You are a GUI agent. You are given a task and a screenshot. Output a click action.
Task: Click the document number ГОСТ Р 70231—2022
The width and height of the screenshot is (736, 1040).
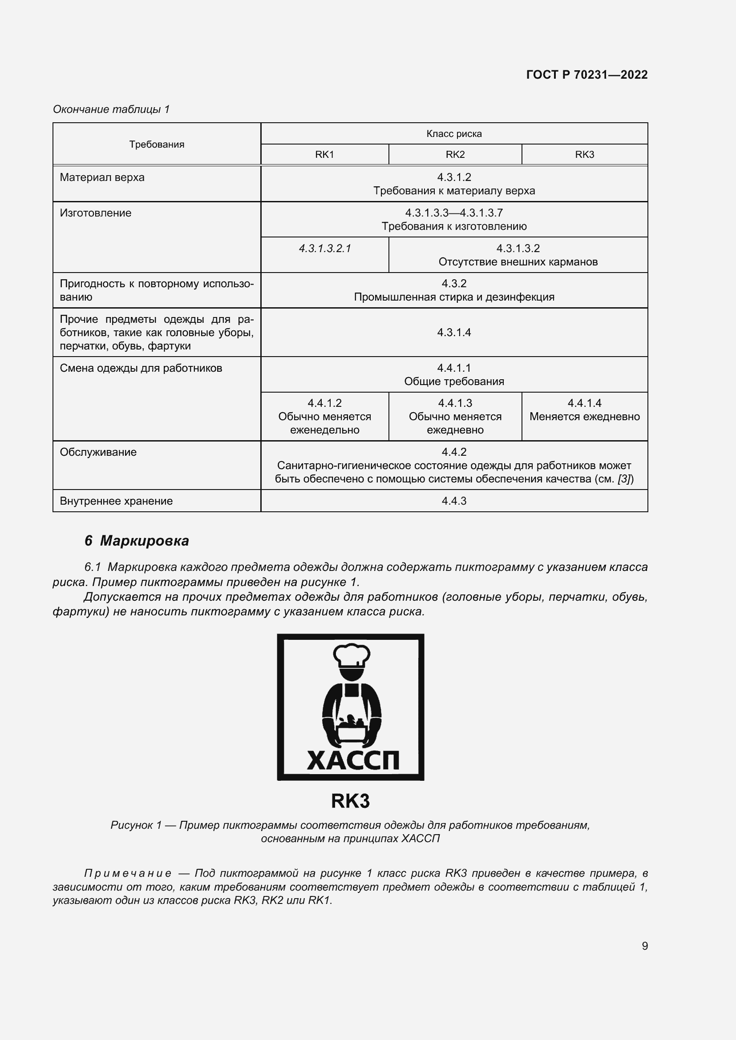pos(586,75)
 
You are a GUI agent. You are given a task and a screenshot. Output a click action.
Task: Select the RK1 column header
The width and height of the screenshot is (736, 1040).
pos(324,154)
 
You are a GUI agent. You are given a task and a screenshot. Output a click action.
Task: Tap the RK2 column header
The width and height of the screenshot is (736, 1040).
pos(455,154)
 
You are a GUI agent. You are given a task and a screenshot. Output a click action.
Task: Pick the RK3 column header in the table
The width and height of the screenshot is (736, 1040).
pos(584,154)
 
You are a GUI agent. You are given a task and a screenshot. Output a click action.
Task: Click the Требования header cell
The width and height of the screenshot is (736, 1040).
pos(156,144)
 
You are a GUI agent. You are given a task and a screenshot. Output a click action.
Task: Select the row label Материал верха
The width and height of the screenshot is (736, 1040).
pos(102,177)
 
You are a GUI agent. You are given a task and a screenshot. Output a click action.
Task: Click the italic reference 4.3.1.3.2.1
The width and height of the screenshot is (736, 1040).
pos(324,248)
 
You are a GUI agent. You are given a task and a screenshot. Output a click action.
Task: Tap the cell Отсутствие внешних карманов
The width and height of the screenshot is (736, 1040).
pos(518,262)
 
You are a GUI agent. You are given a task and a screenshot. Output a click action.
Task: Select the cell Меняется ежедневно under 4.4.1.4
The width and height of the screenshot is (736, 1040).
pos(584,416)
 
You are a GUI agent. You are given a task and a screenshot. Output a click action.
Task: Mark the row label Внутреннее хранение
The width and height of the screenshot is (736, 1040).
pos(116,501)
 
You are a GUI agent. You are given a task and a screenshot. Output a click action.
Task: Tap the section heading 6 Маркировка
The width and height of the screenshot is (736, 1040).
pos(137,540)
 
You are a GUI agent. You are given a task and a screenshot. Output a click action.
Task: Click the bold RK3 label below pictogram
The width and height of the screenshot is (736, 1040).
pos(350,801)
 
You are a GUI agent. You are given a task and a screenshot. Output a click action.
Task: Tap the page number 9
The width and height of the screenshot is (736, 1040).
pos(644,946)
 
